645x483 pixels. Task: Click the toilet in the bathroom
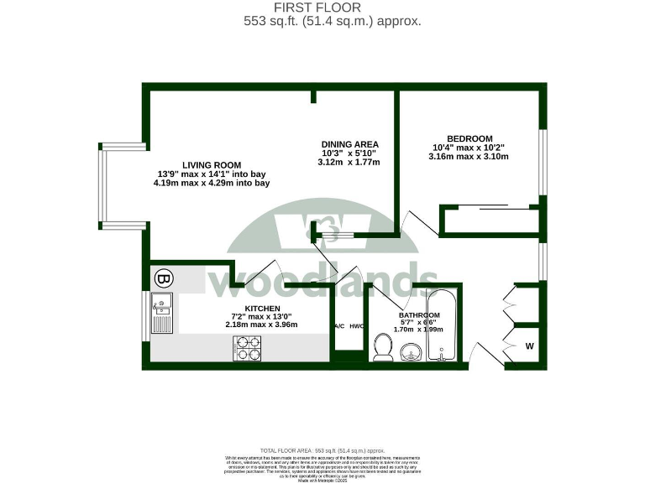point(383,346)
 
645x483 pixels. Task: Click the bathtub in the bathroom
point(442,326)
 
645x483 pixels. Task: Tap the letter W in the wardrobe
point(530,345)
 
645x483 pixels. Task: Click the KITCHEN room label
point(249,308)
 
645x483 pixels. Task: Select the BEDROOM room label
point(469,138)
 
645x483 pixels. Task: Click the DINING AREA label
point(350,144)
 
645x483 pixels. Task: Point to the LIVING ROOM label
point(212,164)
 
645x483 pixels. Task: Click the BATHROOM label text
point(419,315)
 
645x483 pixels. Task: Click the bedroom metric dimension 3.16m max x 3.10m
point(469,157)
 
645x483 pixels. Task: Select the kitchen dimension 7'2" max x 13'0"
point(249,316)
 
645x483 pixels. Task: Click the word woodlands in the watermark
point(323,280)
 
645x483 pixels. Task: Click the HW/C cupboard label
point(356,325)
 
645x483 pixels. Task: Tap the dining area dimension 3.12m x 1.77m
point(350,163)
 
